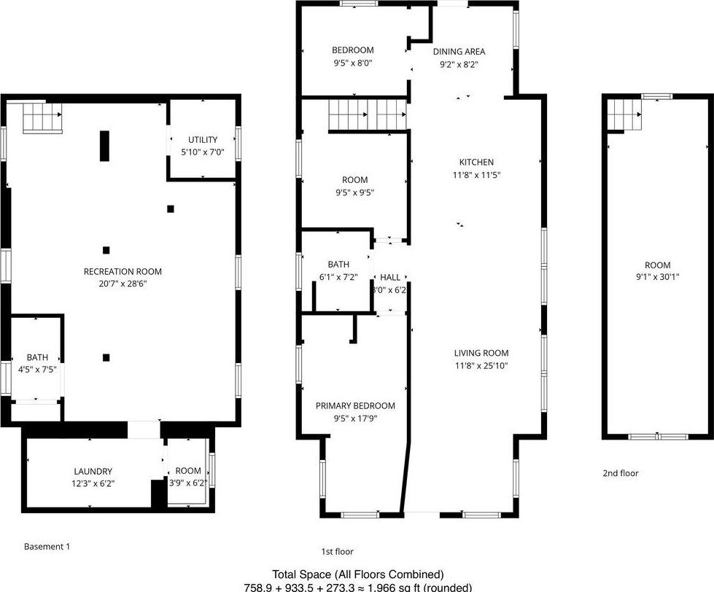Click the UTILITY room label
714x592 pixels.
(202, 139)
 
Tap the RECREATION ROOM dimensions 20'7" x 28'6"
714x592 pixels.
(123, 284)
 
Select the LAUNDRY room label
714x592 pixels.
(93, 471)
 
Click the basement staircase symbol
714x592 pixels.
(42, 119)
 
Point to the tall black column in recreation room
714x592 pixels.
(104, 145)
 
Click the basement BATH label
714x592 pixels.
(38, 357)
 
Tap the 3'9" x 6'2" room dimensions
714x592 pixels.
(188, 483)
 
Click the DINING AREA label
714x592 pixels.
(459, 51)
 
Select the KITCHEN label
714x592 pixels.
(476, 162)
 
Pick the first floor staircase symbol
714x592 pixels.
(367, 115)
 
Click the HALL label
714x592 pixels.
(390, 277)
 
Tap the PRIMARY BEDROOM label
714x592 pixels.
(355, 405)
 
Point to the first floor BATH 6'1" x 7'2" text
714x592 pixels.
(338, 277)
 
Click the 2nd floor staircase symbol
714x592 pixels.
(624, 115)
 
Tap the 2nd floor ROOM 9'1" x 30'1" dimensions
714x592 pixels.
(657, 277)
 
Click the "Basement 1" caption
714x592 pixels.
(47, 546)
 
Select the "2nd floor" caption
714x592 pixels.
(620, 473)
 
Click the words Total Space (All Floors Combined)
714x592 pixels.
(357, 575)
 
